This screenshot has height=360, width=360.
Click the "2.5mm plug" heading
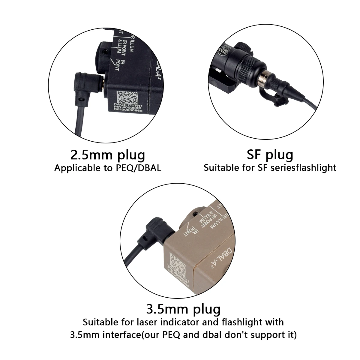pyautogui.click(x=108, y=155)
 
